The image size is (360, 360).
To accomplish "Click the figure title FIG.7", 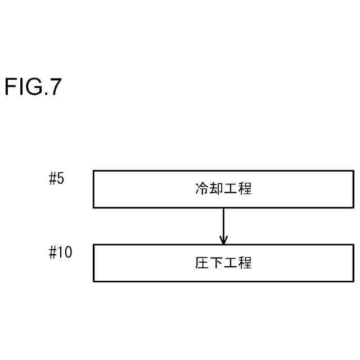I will tap(33, 88).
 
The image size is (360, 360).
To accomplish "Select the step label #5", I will tap(57, 179).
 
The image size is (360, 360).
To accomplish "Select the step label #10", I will tap(60, 253).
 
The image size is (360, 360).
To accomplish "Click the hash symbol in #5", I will tap(53, 179).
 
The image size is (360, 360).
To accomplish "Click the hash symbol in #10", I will tap(53, 253).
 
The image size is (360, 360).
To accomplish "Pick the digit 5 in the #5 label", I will tap(61, 179).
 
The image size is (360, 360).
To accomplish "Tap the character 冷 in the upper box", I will tap(201, 189).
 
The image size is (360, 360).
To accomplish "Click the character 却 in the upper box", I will tap(216, 189).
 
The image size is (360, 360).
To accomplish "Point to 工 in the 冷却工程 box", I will tap(231, 189).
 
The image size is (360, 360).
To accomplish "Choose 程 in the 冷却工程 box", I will tap(245, 189).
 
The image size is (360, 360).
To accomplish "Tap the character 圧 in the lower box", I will tap(201, 263).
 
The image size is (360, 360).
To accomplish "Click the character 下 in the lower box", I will tap(216, 263).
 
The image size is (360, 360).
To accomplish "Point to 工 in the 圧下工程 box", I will tap(231, 263).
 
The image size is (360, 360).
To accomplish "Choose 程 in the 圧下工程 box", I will tap(245, 263).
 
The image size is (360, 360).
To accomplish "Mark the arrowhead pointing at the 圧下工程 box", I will tap(223, 240).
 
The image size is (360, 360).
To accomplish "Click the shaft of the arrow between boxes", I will tap(223, 222).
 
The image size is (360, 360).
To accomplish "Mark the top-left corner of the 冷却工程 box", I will tap(93, 171).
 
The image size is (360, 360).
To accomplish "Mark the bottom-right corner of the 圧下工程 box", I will tap(353, 281).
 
